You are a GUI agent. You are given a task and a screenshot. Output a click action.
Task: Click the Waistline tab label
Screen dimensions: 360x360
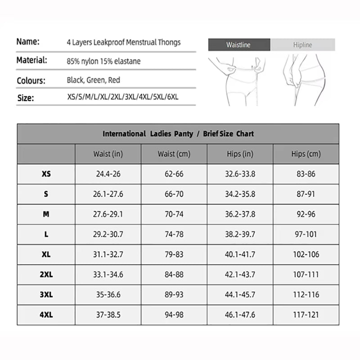[238, 45]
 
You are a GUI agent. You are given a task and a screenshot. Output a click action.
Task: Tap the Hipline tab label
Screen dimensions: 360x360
[302, 45]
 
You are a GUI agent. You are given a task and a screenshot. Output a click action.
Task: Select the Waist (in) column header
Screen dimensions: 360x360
[108, 154]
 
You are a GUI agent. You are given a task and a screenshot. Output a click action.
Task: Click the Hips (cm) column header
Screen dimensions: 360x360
[306, 154]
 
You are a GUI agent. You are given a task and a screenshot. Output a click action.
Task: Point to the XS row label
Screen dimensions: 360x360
[46, 174]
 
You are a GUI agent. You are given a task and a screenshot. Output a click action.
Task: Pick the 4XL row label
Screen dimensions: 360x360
[46, 315]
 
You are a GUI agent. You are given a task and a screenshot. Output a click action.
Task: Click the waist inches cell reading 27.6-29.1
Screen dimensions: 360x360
[108, 214]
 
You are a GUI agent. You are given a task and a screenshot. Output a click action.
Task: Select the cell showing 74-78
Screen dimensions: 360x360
[174, 234]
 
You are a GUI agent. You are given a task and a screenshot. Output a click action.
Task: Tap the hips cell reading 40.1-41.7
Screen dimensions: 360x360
[240, 255]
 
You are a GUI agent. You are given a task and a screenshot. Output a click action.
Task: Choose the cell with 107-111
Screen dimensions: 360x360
[306, 274]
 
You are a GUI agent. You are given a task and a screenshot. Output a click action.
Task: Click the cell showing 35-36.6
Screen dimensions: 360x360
[108, 295]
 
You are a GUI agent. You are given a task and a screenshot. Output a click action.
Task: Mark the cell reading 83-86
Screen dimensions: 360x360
[306, 174]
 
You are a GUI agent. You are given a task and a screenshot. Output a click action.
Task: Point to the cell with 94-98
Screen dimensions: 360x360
[174, 315]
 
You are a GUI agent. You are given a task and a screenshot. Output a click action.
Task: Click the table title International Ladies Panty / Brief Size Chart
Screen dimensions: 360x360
[178, 134]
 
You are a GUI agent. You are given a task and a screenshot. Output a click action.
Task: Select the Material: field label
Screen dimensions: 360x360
[32, 60]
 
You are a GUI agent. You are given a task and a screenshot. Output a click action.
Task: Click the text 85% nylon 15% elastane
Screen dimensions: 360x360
[103, 61]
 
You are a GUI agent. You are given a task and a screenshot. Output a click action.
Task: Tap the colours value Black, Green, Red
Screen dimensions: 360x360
[93, 80]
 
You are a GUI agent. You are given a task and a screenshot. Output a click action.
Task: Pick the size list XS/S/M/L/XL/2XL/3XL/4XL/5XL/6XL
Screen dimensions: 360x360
[124, 97]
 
